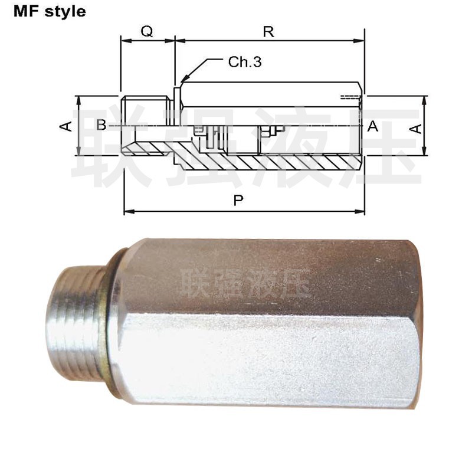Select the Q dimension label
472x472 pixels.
(147, 31)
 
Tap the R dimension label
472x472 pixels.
(268, 31)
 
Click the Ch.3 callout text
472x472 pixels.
(244, 62)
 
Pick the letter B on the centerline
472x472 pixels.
(101, 124)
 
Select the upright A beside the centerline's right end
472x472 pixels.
(372, 125)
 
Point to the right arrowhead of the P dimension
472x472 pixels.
(363, 211)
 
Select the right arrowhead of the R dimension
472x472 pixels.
(363, 41)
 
